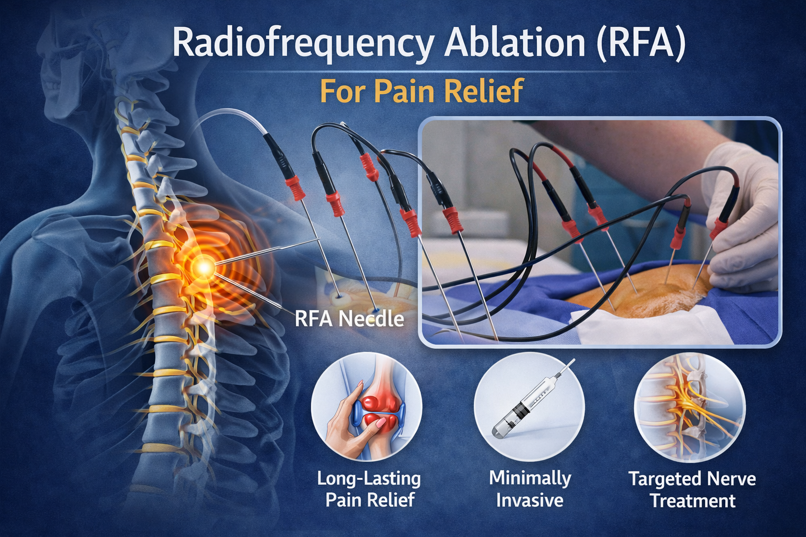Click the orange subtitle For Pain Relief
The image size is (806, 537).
pyautogui.click(x=421, y=91)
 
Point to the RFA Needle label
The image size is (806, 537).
pyautogui.click(x=349, y=318)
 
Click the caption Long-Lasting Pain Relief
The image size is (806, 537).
pyautogui.click(x=369, y=489)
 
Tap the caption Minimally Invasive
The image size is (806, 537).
pyautogui.click(x=529, y=489)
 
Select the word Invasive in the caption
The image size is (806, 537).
pyautogui.click(x=529, y=500)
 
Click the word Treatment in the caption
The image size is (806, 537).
pyautogui.click(x=693, y=501)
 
